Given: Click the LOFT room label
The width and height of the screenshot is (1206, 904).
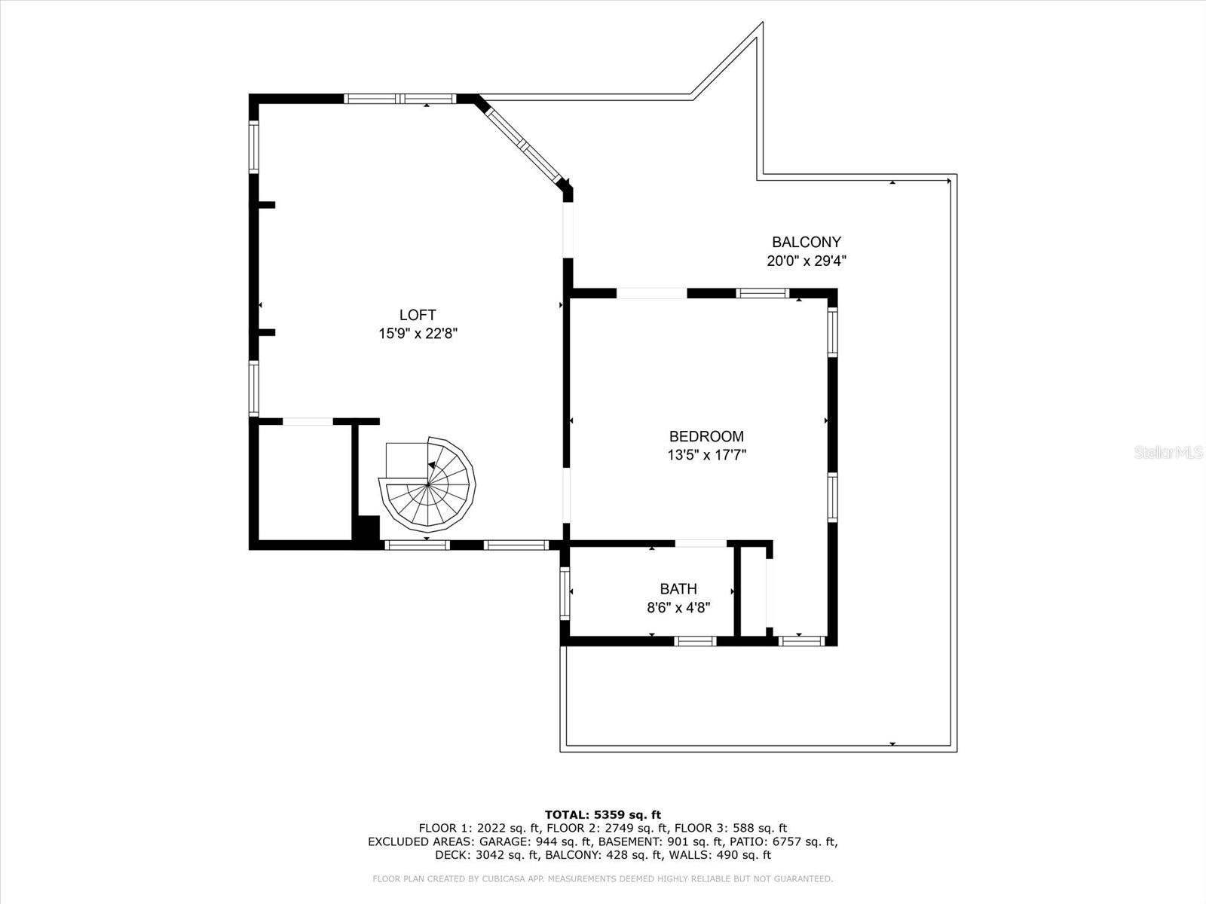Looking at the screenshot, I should tap(418, 316).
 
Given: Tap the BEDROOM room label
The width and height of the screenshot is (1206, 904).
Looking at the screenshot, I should tap(706, 436).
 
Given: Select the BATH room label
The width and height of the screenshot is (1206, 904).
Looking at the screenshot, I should tap(678, 589).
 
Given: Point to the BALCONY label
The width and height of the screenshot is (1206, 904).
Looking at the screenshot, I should tap(806, 243).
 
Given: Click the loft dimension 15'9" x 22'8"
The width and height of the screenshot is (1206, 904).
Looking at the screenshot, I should tap(418, 334).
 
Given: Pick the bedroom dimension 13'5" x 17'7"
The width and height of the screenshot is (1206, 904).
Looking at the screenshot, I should tap(706, 455).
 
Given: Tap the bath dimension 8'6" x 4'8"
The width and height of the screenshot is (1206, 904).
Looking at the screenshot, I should tap(678, 607).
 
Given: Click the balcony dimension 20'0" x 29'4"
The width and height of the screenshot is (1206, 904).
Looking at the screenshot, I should tap(806, 261).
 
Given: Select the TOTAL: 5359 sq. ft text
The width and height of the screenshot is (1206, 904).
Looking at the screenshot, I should tap(602, 814).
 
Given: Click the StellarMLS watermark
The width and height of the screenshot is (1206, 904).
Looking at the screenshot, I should tap(1168, 453).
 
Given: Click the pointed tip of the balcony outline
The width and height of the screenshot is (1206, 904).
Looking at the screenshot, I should tap(762, 25).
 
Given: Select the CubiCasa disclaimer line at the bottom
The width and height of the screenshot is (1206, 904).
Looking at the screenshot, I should tap(602, 879).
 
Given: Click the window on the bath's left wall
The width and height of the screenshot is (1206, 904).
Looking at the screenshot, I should tap(565, 594).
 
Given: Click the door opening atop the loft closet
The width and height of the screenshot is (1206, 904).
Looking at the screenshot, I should tap(307, 422).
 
